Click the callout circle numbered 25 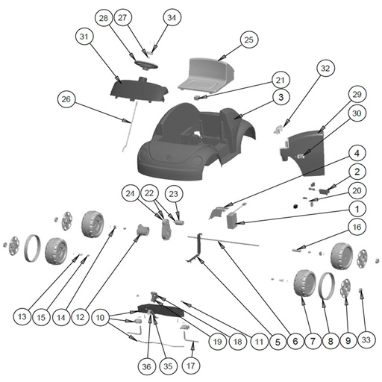coord(249,40)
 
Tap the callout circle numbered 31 coord(84,37)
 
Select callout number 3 coord(281,97)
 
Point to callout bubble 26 coord(66,99)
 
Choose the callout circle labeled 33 coord(366,340)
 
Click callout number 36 coord(147,366)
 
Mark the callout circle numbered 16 coord(357,227)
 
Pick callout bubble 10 coord(100,318)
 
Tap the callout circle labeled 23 coord(174,194)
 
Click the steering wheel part coord(146,65)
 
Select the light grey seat coord(207,74)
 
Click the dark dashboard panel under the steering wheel coord(139,91)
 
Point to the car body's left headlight coord(143,151)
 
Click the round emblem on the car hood coord(167,157)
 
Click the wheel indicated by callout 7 coord(304,284)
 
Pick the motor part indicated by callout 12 coord(143,231)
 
